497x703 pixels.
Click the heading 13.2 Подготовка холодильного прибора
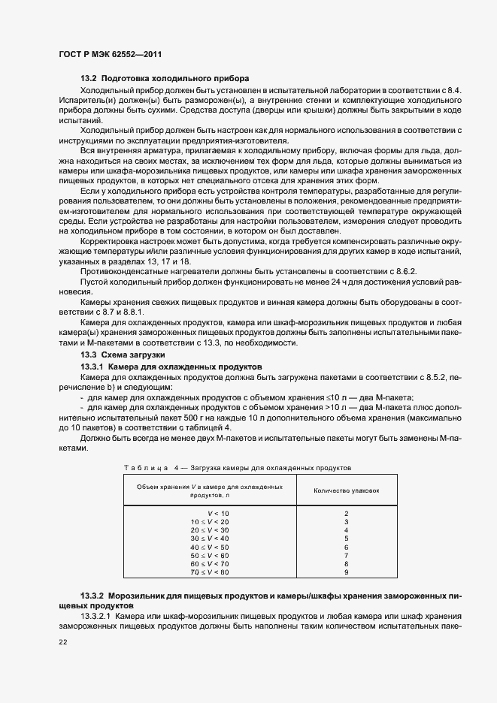point(165,79)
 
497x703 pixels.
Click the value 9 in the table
point(347,572)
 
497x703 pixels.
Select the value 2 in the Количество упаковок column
point(347,513)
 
